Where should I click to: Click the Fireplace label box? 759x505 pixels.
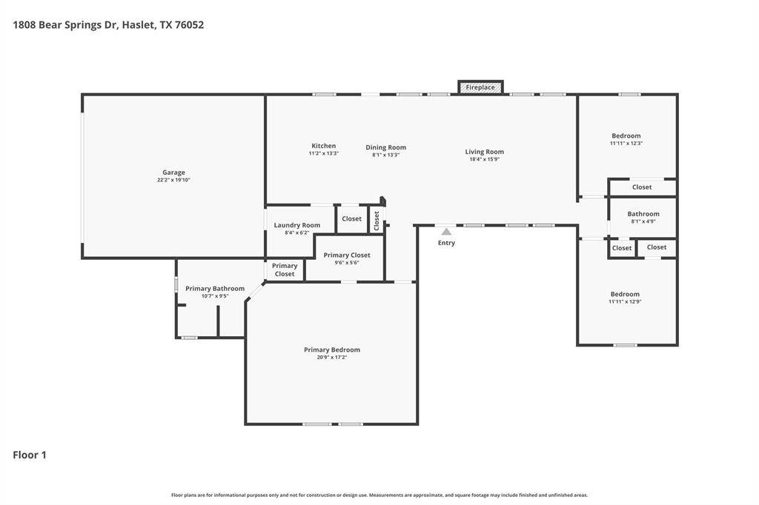[x=480, y=87]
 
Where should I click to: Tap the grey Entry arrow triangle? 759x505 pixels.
[x=446, y=232]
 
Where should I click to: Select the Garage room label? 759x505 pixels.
[x=173, y=173]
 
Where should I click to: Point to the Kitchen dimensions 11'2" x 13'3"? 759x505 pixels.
[x=324, y=153]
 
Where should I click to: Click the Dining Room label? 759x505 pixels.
[x=385, y=147]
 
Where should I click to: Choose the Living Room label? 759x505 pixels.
[x=485, y=152]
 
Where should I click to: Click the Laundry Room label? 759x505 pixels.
[x=297, y=225]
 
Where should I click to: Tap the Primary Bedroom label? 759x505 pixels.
[x=332, y=350]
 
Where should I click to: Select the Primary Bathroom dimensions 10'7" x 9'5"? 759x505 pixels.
[x=215, y=296]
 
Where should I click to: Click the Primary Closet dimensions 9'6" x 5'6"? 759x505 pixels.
[x=347, y=263]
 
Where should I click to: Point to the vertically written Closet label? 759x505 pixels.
[x=377, y=221]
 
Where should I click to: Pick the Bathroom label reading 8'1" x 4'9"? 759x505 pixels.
[x=643, y=221]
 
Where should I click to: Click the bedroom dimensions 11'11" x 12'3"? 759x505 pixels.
[x=626, y=143]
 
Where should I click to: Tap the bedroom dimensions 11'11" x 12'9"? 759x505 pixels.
[x=625, y=301]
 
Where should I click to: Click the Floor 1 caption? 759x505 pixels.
[x=30, y=455]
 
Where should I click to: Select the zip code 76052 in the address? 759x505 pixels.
[x=189, y=24]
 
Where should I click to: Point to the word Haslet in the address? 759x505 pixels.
[x=139, y=24]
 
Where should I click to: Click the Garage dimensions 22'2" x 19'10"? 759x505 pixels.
[x=173, y=180]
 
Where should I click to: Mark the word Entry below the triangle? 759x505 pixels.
[x=446, y=243]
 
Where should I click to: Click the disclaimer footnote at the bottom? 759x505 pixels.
[x=379, y=495]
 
